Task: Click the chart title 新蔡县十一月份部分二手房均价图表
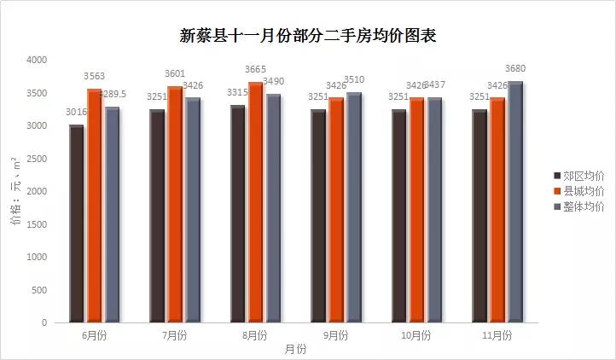pyautogui.click(x=308, y=35)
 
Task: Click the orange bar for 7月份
pyautogui.click(x=174, y=205)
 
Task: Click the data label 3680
pyautogui.click(x=515, y=68)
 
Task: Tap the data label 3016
pyautogui.click(x=77, y=112)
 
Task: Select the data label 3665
pyautogui.click(x=255, y=69)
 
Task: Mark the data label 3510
pyautogui.click(x=354, y=79)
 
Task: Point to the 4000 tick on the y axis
pyautogui.click(x=37, y=61)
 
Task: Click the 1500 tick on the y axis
pyautogui.click(x=37, y=224)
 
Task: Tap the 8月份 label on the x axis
pyautogui.click(x=255, y=335)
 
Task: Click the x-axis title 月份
pyautogui.click(x=295, y=350)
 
